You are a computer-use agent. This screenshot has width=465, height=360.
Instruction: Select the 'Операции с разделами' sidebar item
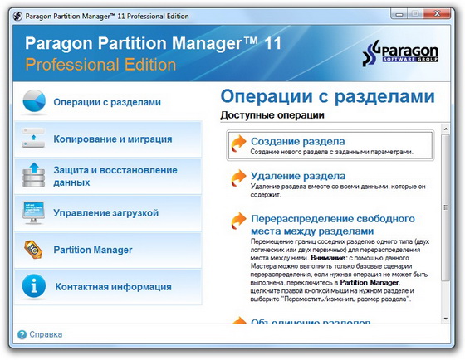(x=106, y=102)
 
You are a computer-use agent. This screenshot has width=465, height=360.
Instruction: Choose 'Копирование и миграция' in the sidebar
(x=112, y=139)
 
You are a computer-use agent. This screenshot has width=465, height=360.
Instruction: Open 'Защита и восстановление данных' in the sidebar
(x=115, y=176)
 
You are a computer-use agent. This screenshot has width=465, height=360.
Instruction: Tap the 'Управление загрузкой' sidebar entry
(x=105, y=213)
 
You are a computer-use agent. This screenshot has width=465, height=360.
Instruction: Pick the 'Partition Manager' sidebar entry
(x=92, y=249)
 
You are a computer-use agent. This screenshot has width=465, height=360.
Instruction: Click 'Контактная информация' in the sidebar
(x=113, y=287)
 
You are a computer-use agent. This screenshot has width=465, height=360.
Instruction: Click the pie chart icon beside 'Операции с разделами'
(x=33, y=102)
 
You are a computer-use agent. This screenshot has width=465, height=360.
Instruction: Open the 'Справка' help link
(x=46, y=335)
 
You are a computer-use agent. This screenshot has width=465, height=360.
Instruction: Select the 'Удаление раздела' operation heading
(x=298, y=176)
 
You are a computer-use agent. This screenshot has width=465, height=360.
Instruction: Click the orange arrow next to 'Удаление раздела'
(x=238, y=178)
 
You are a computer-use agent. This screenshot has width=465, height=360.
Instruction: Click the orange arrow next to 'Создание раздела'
(x=238, y=144)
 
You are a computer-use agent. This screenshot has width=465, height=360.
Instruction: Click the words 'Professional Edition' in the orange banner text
(x=100, y=64)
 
